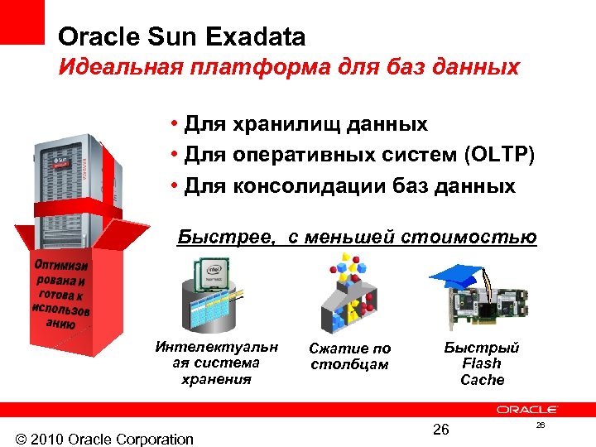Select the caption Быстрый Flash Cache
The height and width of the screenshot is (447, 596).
tap(482, 363)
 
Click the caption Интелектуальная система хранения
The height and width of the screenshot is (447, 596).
tap(217, 363)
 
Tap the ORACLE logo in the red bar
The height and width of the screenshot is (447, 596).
tap(527, 410)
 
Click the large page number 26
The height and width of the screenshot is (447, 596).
tap(440, 429)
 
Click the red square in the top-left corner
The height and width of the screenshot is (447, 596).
tap(22, 22)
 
